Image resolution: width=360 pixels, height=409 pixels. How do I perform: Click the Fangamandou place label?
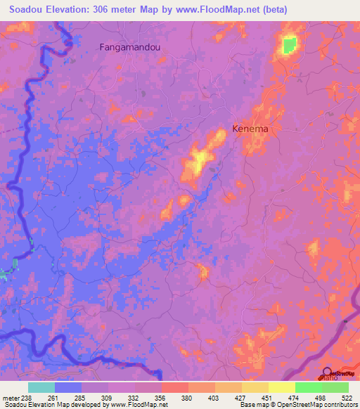coord(131,48)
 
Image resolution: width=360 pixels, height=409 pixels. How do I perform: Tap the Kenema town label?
coord(251,129)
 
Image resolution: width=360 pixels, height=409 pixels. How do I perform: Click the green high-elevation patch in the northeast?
coord(288,46)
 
